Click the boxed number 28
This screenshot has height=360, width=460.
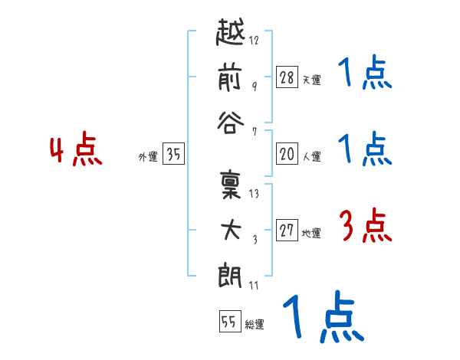(287, 77)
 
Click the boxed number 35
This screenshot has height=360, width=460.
(173, 155)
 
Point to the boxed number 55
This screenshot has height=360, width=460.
(228, 322)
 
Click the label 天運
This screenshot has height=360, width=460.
(311, 80)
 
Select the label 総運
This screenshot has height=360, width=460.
(254, 325)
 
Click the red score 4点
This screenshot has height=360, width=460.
(76, 151)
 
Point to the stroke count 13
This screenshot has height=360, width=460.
(254, 194)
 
